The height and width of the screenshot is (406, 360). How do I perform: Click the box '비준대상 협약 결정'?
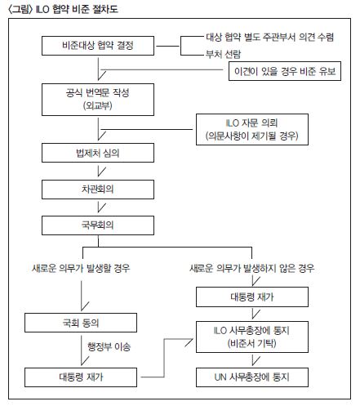[98, 46]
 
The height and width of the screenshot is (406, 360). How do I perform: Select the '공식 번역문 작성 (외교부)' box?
[98, 100]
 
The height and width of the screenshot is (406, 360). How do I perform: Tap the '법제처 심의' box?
[98, 153]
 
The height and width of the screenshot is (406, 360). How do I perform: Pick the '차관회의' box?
[98, 190]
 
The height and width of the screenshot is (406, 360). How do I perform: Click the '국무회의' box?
[98, 225]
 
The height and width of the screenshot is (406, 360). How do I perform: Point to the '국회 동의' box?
[81, 323]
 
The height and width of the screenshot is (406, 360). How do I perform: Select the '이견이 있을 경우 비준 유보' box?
[285, 71]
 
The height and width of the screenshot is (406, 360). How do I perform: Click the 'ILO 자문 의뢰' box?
[252, 129]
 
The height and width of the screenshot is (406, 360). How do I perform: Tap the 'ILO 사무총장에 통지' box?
[252, 337]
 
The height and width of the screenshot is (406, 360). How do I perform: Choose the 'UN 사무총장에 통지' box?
[252, 377]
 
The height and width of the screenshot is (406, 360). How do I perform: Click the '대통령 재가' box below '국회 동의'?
[81, 377]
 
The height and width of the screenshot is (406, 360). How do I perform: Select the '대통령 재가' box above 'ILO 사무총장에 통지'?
[252, 297]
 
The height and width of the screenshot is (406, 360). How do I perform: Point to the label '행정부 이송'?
[109, 346]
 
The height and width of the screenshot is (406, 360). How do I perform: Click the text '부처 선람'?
[223, 54]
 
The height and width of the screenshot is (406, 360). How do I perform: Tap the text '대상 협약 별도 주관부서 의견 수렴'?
[269, 37]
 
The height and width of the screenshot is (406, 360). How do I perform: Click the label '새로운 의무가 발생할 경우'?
[81, 269]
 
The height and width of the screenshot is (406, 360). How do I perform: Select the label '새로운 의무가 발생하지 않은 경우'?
[252, 269]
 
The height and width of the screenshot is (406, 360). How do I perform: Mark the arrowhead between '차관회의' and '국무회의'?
[101, 207]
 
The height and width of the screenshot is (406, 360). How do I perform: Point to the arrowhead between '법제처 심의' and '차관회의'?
[101, 172]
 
